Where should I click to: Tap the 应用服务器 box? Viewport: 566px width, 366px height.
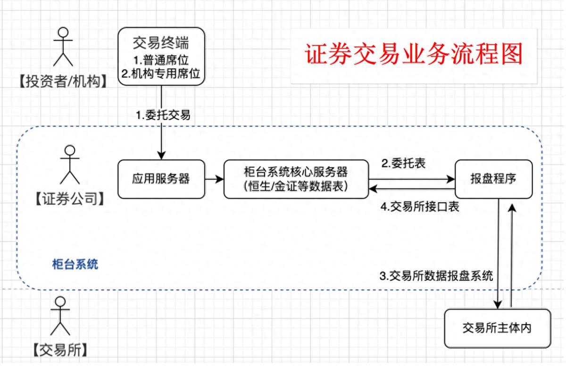pos(161,179)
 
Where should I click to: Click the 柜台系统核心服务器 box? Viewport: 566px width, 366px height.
pos(296,179)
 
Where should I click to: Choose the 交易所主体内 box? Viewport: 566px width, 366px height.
pos(497,328)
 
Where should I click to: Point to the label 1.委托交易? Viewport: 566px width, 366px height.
pos(163,115)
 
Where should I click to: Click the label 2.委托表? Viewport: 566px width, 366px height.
pos(403,163)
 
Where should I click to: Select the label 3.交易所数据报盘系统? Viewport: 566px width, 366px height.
pos(436,276)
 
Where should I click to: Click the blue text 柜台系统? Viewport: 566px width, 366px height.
pos(75,264)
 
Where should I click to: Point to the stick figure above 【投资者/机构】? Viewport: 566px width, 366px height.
pos(63,47)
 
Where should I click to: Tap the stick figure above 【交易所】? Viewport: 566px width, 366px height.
pos(60,316)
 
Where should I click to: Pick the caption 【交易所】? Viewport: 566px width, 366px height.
pos(60,350)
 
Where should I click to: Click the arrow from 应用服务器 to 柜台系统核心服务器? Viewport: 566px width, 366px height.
pos(214,179)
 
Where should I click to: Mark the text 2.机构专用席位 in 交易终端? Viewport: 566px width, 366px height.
pos(162,74)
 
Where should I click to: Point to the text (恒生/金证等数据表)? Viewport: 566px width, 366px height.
pos(296,186)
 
